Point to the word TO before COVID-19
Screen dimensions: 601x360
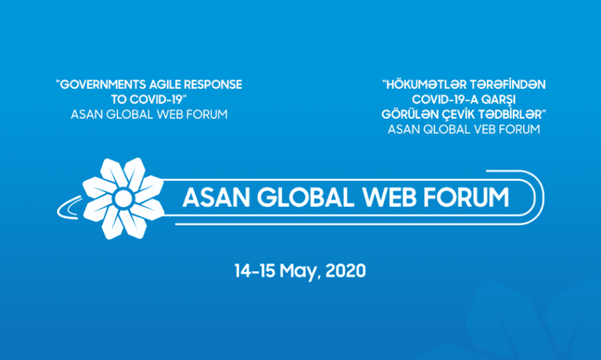118,100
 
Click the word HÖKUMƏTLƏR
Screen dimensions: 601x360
426,85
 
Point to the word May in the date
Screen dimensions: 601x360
299,271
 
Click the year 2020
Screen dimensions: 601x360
345,271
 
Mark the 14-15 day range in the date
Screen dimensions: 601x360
254,271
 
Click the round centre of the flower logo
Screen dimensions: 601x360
123,198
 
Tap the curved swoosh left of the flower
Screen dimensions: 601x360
65,209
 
